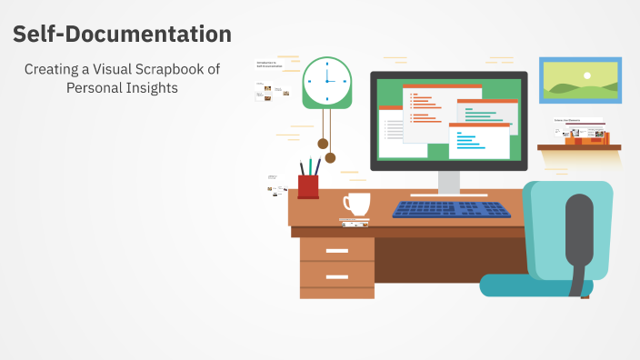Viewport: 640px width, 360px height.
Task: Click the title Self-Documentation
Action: pyautogui.click(x=122, y=35)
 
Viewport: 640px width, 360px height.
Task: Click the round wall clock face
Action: pyautogui.click(x=326, y=81)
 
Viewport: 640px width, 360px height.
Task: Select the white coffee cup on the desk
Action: pyautogui.click(x=355, y=204)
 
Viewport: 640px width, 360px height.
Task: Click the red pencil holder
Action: pyautogui.click(x=308, y=186)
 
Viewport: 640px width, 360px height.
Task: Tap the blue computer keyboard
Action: pyautogui.click(x=451, y=209)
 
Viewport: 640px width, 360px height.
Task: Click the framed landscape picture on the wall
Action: pyautogui.click(x=580, y=80)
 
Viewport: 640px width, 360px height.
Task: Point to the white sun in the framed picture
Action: pyautogui.click(x=587, y=75)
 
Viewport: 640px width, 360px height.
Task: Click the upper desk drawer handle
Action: pyautogui.click(x=336, y=249)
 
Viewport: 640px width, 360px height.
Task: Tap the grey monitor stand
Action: pyautogui.click(x=449, y=182)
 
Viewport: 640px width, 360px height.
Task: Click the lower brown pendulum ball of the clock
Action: pyautogui.click(x=330, y=157)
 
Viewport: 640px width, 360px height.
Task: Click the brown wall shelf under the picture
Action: pyautogui.click(x=578, y=146)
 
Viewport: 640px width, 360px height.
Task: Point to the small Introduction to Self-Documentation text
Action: pyautogui.click(x=270, y=65)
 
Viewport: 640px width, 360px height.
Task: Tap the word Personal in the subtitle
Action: pyautogui.click(x=95, y=88)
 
